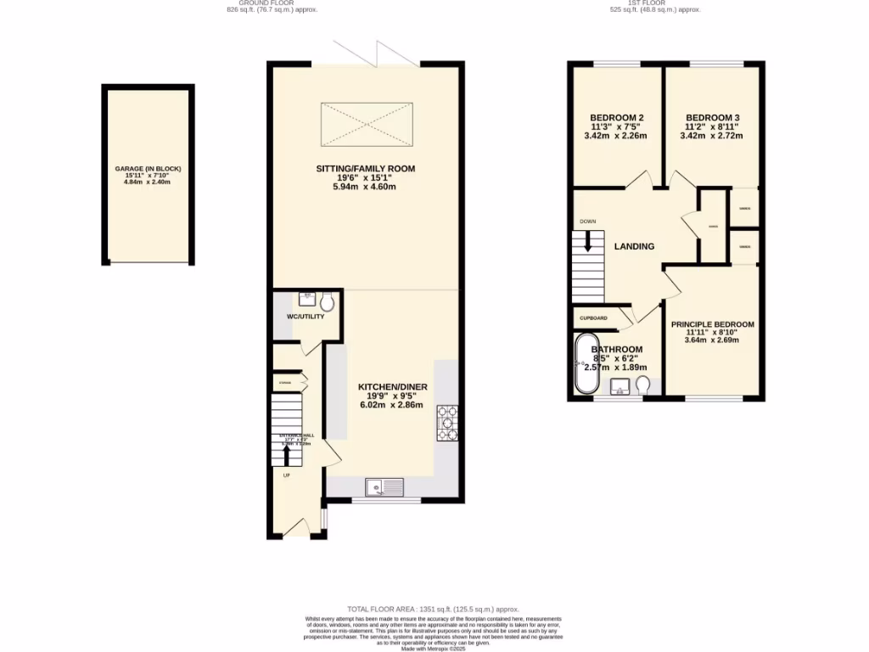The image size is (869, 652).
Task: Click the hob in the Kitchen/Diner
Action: coord(447,424)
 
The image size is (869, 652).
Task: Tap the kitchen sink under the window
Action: coord(384,487)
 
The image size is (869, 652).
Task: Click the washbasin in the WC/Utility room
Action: coord(306,299)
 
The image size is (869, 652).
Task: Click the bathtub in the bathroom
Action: coord(584,364)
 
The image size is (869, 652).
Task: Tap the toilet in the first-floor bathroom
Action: coord(642,386)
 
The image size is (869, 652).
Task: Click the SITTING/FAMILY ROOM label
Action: coord(367,169)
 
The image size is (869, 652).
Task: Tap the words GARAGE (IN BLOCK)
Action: coord(149,169)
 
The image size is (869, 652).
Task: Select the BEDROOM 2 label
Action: coord(617,117)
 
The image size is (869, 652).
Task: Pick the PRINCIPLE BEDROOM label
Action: coord(712,324)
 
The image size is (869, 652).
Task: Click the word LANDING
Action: coord(634,247)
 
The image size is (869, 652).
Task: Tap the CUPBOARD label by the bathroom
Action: coord(593,318)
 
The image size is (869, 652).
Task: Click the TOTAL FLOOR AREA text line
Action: coord(434,610)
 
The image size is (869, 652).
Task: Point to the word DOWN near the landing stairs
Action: coord(588,222)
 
